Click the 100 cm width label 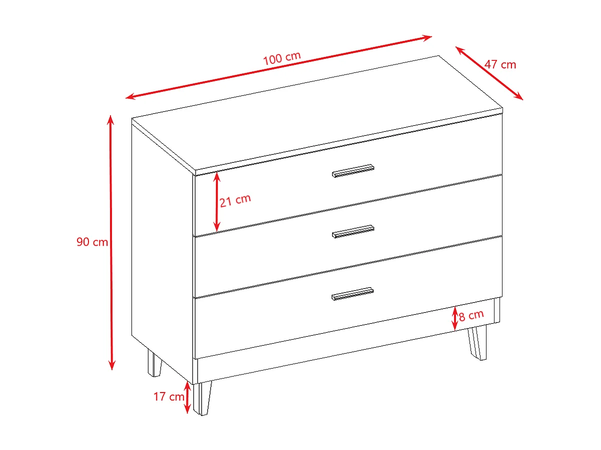point(282,57)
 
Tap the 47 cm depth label point(500,64)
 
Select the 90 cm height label point(92,242)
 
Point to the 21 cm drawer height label point(235,199)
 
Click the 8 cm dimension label point(471,315)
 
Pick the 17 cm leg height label point(168,397)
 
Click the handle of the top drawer point(353,171)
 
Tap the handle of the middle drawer point(353,231)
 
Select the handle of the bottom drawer point(352,294)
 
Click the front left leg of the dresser point(202,398)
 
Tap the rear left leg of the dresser point(154,364)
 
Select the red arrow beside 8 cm point(455,318)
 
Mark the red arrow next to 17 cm point(187,397)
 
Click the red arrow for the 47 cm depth point(489,73)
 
